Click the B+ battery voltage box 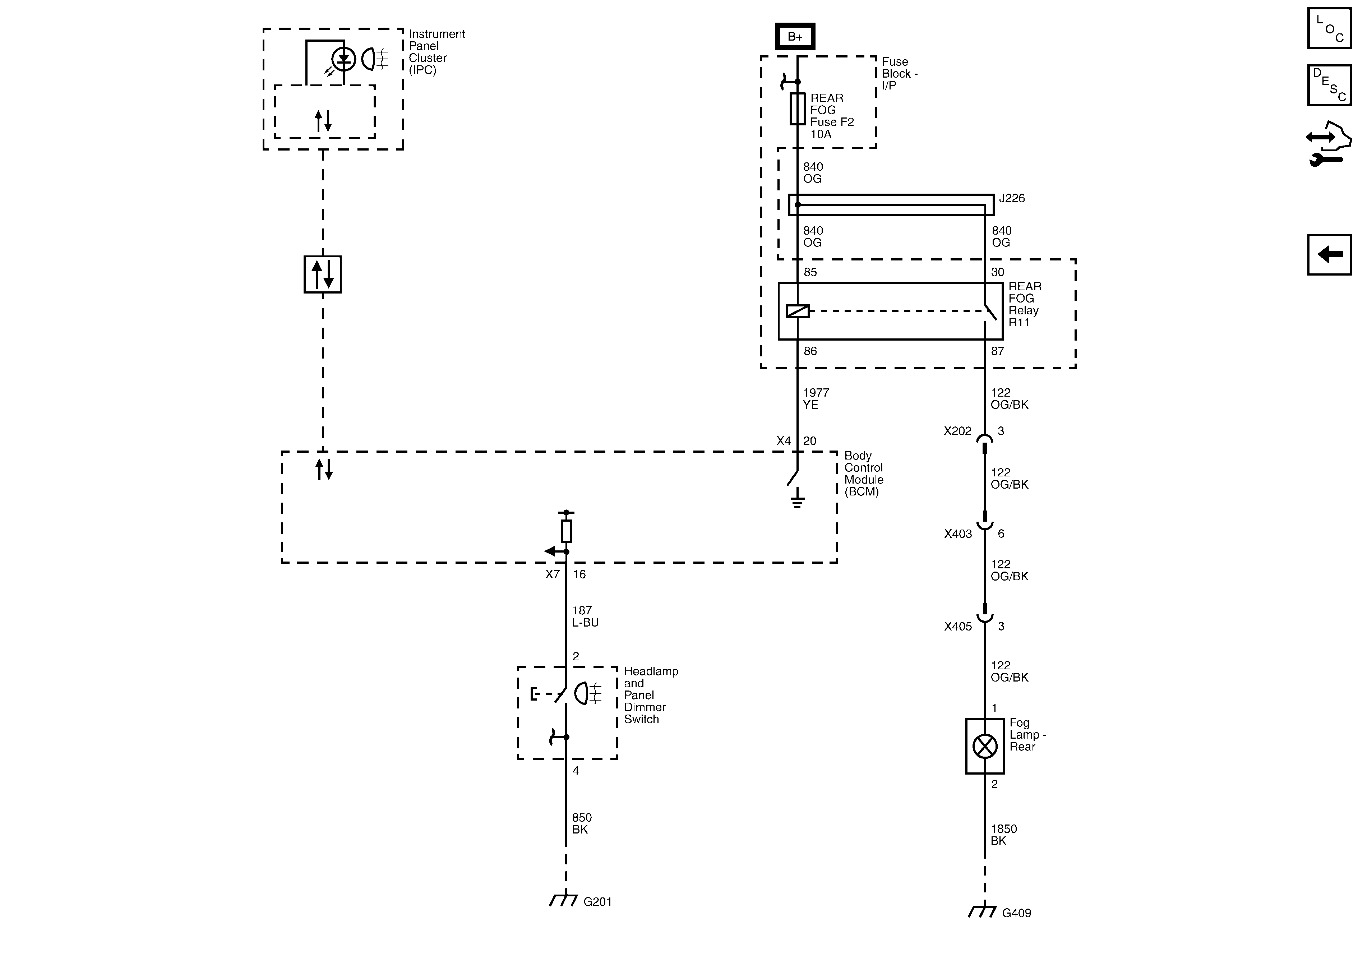[x=795, y=37]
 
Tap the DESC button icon [x=1329, y=84]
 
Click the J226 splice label [x=1011, y=199]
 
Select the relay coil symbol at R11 [x=797, y=310]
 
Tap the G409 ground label [x=1016, y=913]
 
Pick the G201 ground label [x=597, y=902]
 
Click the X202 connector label [x=957, y=431]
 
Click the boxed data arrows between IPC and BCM [x=322, y=274]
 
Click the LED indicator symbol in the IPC [x=343, y=59]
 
